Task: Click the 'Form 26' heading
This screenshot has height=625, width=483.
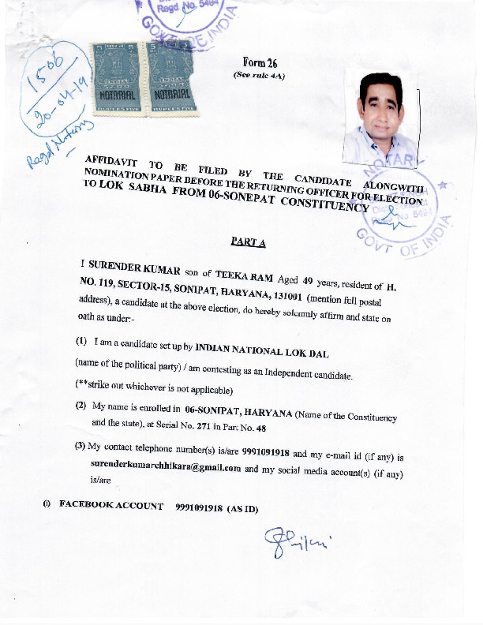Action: [259, 62]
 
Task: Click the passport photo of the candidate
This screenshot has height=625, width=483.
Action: [380, 114]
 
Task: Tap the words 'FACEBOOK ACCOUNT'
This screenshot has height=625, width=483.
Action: [112, 506]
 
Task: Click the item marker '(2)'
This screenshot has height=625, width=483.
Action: [80, 406]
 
